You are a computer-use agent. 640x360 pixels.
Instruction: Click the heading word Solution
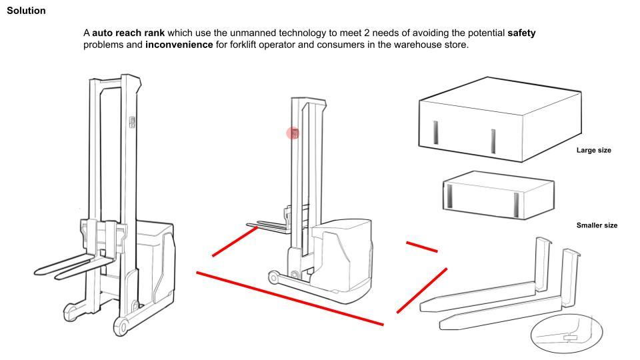[26, 11]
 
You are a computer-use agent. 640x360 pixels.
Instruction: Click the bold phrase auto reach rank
[128, 33]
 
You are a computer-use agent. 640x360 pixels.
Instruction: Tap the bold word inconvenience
[179, 45]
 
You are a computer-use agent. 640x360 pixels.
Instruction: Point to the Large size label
[593, 151]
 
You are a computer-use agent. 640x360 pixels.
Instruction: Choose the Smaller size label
[597, 225]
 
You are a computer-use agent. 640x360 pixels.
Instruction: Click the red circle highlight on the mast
[293, 133]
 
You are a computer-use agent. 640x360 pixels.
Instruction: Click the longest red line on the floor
[290, 298]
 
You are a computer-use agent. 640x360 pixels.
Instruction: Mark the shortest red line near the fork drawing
[421, 247]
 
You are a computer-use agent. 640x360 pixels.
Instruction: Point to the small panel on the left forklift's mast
[132, 123]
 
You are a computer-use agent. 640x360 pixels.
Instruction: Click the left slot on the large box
[435, 132]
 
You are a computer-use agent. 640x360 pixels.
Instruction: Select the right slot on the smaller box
[516, 203]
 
